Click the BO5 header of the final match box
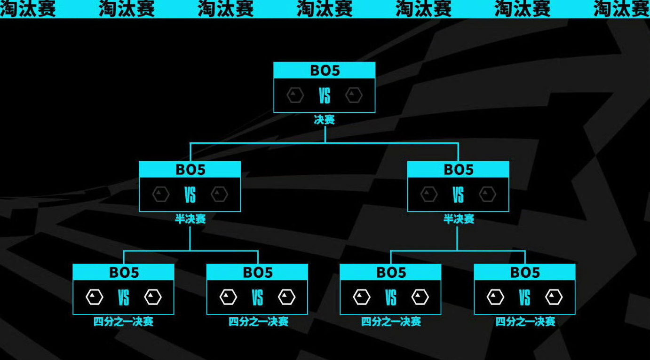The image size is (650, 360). tap(325, 70)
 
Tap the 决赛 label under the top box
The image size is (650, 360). tap(325, 120)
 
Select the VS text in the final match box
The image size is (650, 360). tap(325, 96)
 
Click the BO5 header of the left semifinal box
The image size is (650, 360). tap(190, 170)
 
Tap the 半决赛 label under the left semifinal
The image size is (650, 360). tap(190, 219)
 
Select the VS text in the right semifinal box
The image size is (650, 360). tap(458, 195)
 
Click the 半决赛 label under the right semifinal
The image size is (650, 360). tap(459, 219)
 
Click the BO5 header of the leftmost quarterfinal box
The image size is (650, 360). tap(124, 273)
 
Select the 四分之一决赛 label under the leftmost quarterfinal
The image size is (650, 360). tap(123, 321)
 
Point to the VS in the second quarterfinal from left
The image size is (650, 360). tap(257, 297)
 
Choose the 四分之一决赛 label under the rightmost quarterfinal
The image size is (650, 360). tap(525, 321)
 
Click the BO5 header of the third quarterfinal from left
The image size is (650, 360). tap(391, 273)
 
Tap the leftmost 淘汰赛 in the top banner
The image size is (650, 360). tap(28, 8)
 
